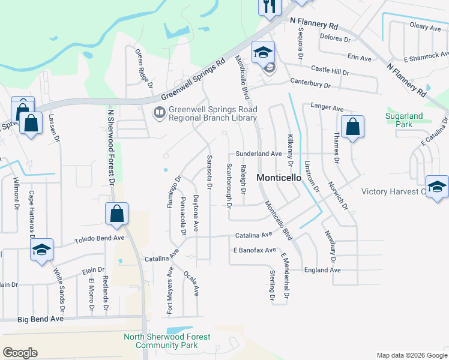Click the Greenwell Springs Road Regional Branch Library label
[212, 113]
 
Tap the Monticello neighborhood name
[278, 178]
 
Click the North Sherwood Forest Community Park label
[167, 341]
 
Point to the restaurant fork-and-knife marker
[269, 7]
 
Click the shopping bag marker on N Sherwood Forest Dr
[116, 214]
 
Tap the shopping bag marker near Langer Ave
[352, 127]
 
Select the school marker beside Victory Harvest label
[437, 187]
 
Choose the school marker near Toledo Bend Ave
[41, 250]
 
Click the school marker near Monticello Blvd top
[263, 52]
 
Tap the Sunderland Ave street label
[258, 154]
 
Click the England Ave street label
[322, 270]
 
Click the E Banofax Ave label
[255, 250]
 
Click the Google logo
[20, 353]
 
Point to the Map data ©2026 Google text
[411, 355]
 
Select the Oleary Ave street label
[425, 27]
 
